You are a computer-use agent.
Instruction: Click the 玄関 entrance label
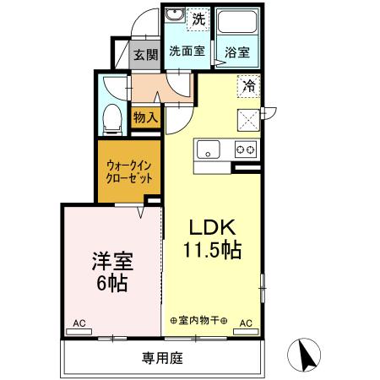coord(146,55)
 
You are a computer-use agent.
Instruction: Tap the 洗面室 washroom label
coord(187,51)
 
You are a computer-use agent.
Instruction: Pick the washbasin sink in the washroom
coord(175,16)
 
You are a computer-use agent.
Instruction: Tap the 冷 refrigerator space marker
coord(250,84)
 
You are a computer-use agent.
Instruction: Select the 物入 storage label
coord(146,117)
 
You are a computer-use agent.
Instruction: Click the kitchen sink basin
coord(208,150)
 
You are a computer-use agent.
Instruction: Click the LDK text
coord(211,228)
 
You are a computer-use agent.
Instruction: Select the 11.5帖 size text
coord(211,250)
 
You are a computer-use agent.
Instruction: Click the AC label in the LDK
coord(246,323)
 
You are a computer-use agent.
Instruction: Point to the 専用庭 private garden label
coord(162,358)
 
